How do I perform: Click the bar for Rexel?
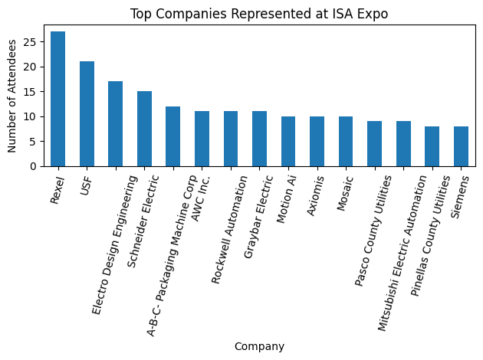58,99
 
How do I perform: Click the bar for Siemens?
461,146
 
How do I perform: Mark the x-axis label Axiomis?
314,195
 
